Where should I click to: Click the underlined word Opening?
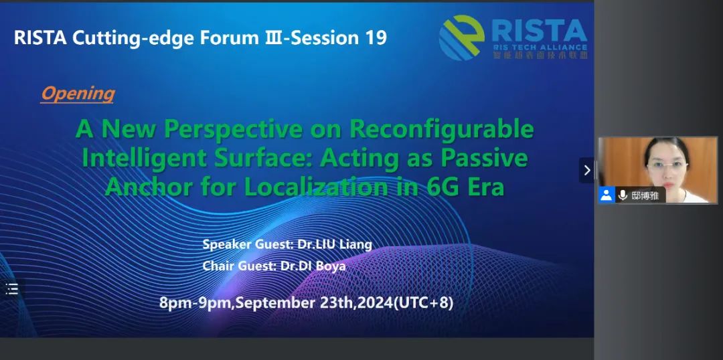tap(78, 94)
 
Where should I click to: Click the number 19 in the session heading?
tap(376, 37)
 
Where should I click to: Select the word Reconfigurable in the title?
tap(441, 130)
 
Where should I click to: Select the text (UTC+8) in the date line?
tap(423, 303)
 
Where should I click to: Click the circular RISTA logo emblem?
tap(461, 37)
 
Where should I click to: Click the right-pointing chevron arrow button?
tap(587, 170)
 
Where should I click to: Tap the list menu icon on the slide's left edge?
tap(11, 289)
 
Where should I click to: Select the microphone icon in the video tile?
tap(623, 195)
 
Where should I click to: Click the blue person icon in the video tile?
tap(607, 195)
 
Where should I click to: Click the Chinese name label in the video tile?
tap(645, 195)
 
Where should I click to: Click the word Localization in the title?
tap(316, 187)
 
